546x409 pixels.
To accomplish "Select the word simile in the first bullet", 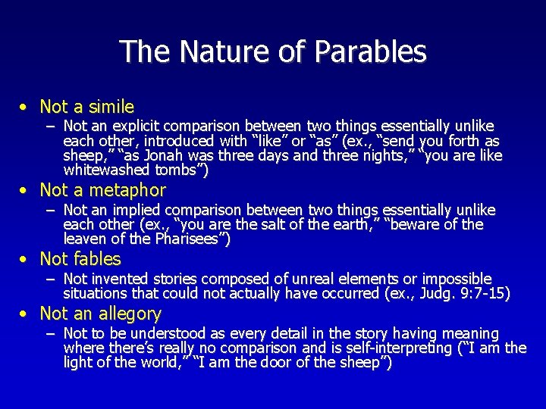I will (111, 107).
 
